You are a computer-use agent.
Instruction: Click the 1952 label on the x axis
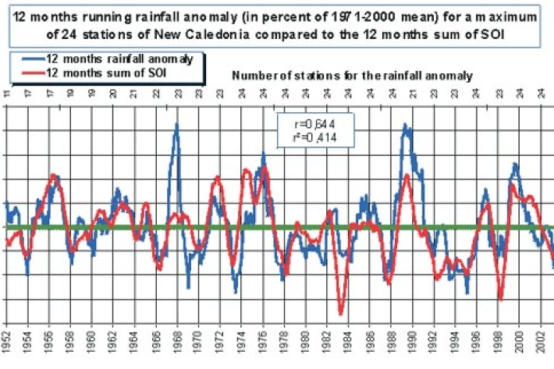click(7, 345)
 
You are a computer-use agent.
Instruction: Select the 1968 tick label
click(177, 345)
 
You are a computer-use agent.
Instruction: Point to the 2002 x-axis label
click(538, 345)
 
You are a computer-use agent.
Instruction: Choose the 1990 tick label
click(411, 345)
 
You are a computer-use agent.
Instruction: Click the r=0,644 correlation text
click(316, 124)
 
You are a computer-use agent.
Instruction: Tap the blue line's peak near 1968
click(176, 126)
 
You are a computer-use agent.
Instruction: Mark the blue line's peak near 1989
click(404, 125)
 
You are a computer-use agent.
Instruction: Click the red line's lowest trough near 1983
click(341, 313)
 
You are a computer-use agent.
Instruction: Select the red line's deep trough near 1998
click(500, 299)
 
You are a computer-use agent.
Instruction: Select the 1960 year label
click(92, 345)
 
